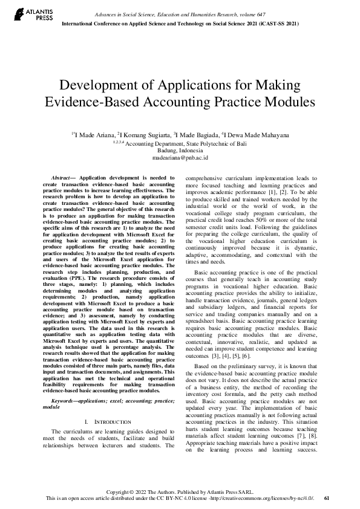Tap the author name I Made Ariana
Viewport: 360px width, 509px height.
[93, 135]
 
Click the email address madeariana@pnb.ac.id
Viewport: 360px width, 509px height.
[180, 157]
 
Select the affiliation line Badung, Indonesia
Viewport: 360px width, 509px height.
[180, 150]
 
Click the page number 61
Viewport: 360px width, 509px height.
[327, 498]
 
